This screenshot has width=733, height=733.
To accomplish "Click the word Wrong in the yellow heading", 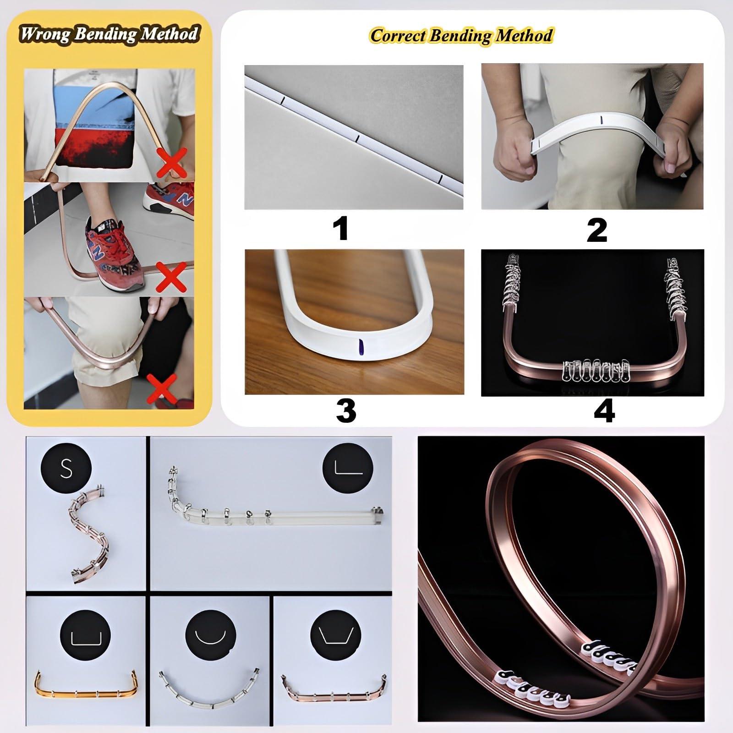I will [x=44, y=34].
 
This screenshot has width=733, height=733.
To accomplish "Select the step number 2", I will [x=596, y=230].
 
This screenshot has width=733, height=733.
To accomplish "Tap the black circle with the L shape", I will [x=349, y=468].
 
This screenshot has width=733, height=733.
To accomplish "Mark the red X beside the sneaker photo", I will [x=170, y=277].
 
